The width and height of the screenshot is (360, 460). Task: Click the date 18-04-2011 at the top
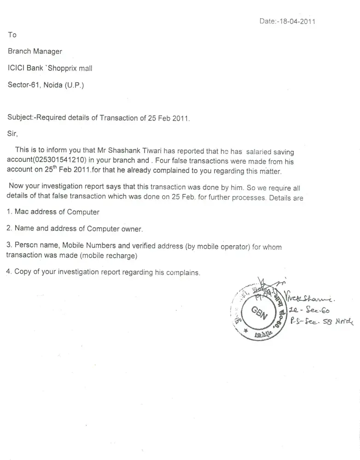tap(295, 21)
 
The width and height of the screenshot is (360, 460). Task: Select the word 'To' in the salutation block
tap(12, 35)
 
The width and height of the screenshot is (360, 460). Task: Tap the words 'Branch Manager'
tap(35, 52)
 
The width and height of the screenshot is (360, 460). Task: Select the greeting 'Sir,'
tap(12, 134)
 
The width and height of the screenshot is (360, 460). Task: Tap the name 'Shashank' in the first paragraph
tap(117, 150)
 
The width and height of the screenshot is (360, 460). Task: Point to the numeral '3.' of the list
tap(9, 245)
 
